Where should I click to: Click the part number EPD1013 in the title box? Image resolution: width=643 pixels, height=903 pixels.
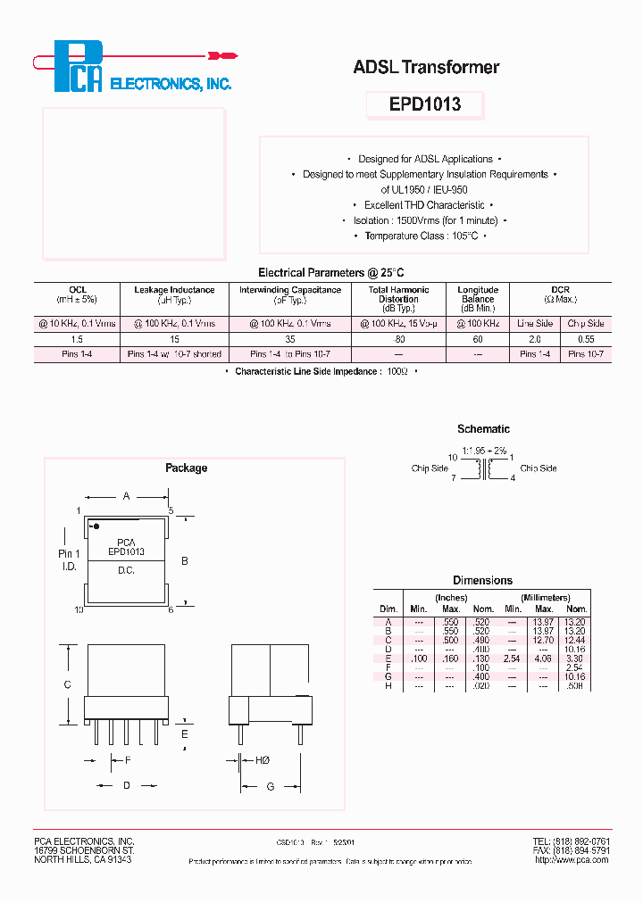coord(425,104)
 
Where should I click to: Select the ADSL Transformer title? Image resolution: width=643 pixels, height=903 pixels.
coord(426,67)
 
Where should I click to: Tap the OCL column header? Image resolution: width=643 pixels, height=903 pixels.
coord(78,290)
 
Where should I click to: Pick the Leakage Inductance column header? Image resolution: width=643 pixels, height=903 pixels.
coord(174,290)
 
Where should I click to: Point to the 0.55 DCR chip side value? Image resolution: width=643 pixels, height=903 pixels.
coord(586,339)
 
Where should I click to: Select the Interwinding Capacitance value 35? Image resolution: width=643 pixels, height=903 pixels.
coord(289,339)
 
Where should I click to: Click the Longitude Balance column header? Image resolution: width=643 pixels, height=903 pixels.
coord(478,294)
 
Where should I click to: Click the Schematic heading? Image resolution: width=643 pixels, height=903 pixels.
coord(483,429)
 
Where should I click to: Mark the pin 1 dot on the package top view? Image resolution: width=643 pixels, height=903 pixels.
coord(96,526)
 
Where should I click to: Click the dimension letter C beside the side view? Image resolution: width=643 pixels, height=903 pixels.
coord(69,685)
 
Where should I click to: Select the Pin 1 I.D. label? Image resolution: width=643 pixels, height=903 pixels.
coord(70,560)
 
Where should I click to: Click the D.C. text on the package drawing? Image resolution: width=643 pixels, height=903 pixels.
coord(126,569)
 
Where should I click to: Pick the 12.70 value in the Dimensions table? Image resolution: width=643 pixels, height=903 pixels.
coord(544,640)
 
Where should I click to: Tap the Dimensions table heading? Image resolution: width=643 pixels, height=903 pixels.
coord(482,580)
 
